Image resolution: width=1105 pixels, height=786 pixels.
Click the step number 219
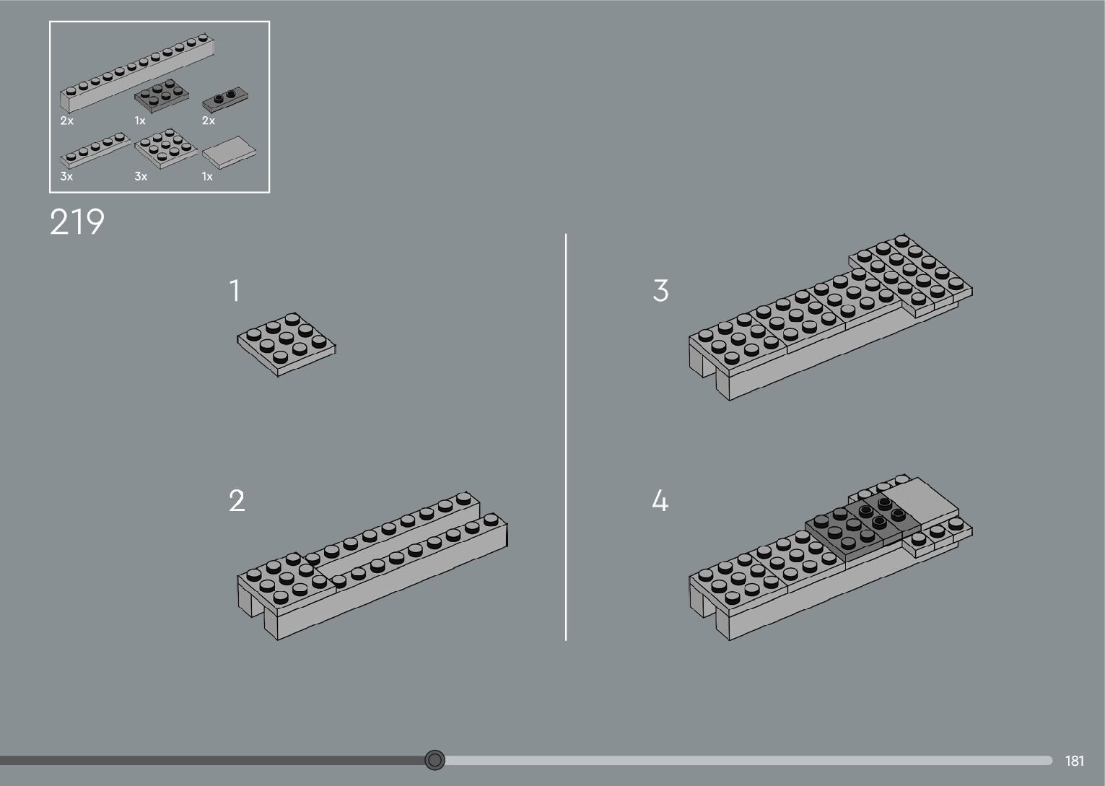click(x=77, y=222)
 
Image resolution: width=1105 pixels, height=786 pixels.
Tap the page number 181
click(x=1074, y=761)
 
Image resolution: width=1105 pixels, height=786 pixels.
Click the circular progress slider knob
click(x=434, y=759)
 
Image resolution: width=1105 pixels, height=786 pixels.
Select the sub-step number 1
click(x=234, y=291)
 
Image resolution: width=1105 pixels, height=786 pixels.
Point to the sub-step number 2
click(x=237, y=501)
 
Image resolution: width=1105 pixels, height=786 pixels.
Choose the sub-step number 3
click(x=660, y=291)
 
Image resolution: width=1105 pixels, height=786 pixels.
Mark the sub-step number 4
click(x=660, y=501)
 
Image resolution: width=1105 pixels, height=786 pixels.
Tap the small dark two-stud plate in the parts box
click(x=225, y=96)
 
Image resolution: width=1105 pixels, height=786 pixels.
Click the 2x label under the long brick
click(x=67, y=121)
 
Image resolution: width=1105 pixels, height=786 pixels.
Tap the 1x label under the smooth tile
click(x=208, y=177)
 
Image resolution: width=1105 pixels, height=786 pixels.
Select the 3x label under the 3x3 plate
click(x=141, y=177)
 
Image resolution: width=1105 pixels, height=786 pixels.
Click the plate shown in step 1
click(x=287, y=344)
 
